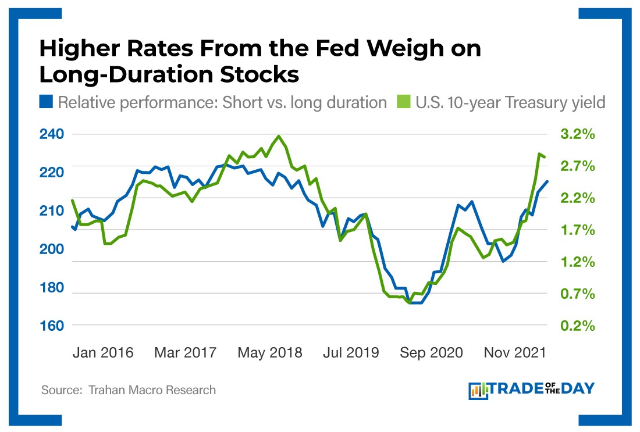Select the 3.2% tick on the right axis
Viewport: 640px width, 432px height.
[578, 134]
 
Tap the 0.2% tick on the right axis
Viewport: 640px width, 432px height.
[578, 326]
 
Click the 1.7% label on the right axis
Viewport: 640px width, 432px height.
[578, 230]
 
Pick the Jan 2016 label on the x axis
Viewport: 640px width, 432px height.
[104, 353]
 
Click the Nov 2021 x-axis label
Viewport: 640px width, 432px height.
[514, 353]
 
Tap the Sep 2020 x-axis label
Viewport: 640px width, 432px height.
[432, 353]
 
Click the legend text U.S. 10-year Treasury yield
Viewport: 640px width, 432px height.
[511, 102]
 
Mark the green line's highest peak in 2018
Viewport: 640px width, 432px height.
[279, 136]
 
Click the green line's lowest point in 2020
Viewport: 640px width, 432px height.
[410, 302]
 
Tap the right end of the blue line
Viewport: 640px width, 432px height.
[547, 181]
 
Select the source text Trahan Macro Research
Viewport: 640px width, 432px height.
[152, 390]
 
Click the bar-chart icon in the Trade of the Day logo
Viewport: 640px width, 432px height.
[478, 390]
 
